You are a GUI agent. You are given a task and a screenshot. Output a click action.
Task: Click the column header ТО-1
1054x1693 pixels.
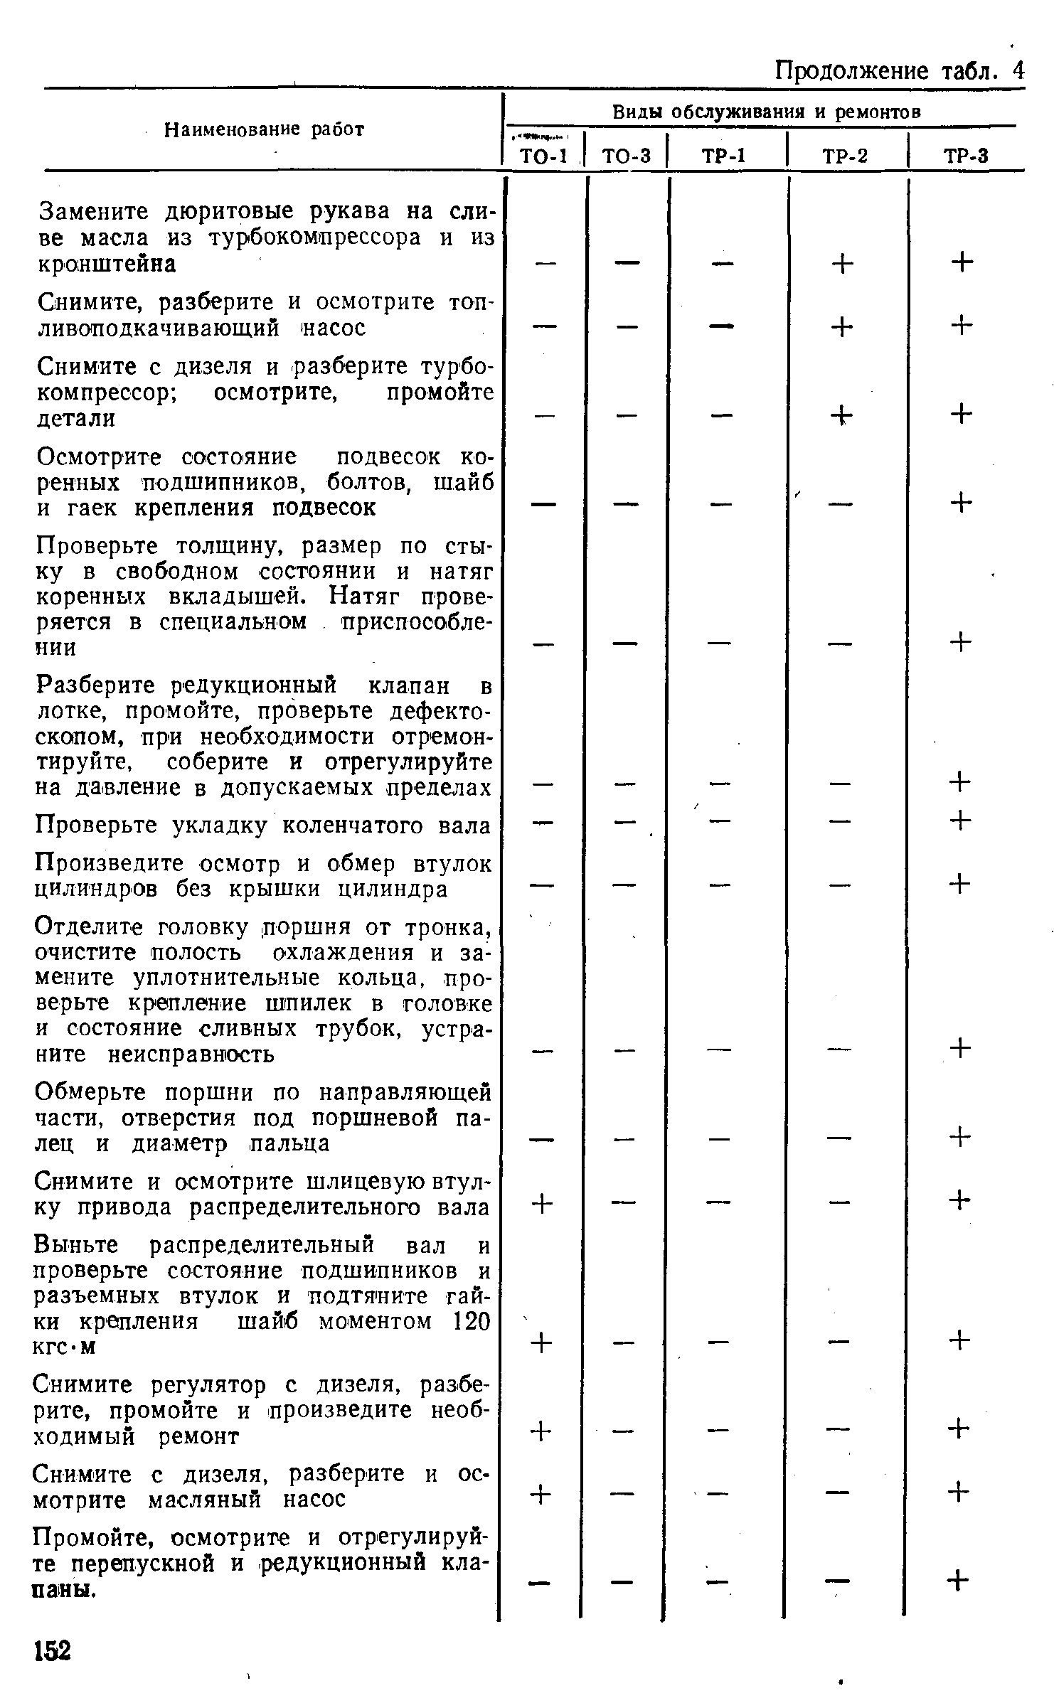coord(542,155)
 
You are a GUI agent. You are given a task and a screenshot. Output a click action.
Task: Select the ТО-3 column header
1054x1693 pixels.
coord(626,155)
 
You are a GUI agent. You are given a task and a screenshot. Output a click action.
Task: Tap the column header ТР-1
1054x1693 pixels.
coord(723,155)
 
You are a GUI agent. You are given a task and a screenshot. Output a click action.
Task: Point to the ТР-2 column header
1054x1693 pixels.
coord(845,155)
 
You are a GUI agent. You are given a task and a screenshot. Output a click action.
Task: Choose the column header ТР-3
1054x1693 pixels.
coord(966,155)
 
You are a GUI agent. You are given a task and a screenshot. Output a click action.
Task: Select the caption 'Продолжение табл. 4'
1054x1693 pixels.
coord(899,70)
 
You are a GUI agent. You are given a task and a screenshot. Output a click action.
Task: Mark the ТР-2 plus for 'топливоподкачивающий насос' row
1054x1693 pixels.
coord(841,327)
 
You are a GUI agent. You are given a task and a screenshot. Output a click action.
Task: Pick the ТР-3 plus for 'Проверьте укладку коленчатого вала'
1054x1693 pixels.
coord(960,821)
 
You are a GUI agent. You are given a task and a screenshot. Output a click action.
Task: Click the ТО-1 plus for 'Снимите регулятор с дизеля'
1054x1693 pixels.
coord(541,1430)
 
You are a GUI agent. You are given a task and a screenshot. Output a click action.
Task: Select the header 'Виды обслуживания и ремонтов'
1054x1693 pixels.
coord(767,112)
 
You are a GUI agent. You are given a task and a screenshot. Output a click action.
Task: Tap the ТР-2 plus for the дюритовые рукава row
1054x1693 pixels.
coord(841,264)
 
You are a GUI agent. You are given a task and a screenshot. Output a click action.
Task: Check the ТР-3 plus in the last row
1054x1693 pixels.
coord(959,1581)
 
